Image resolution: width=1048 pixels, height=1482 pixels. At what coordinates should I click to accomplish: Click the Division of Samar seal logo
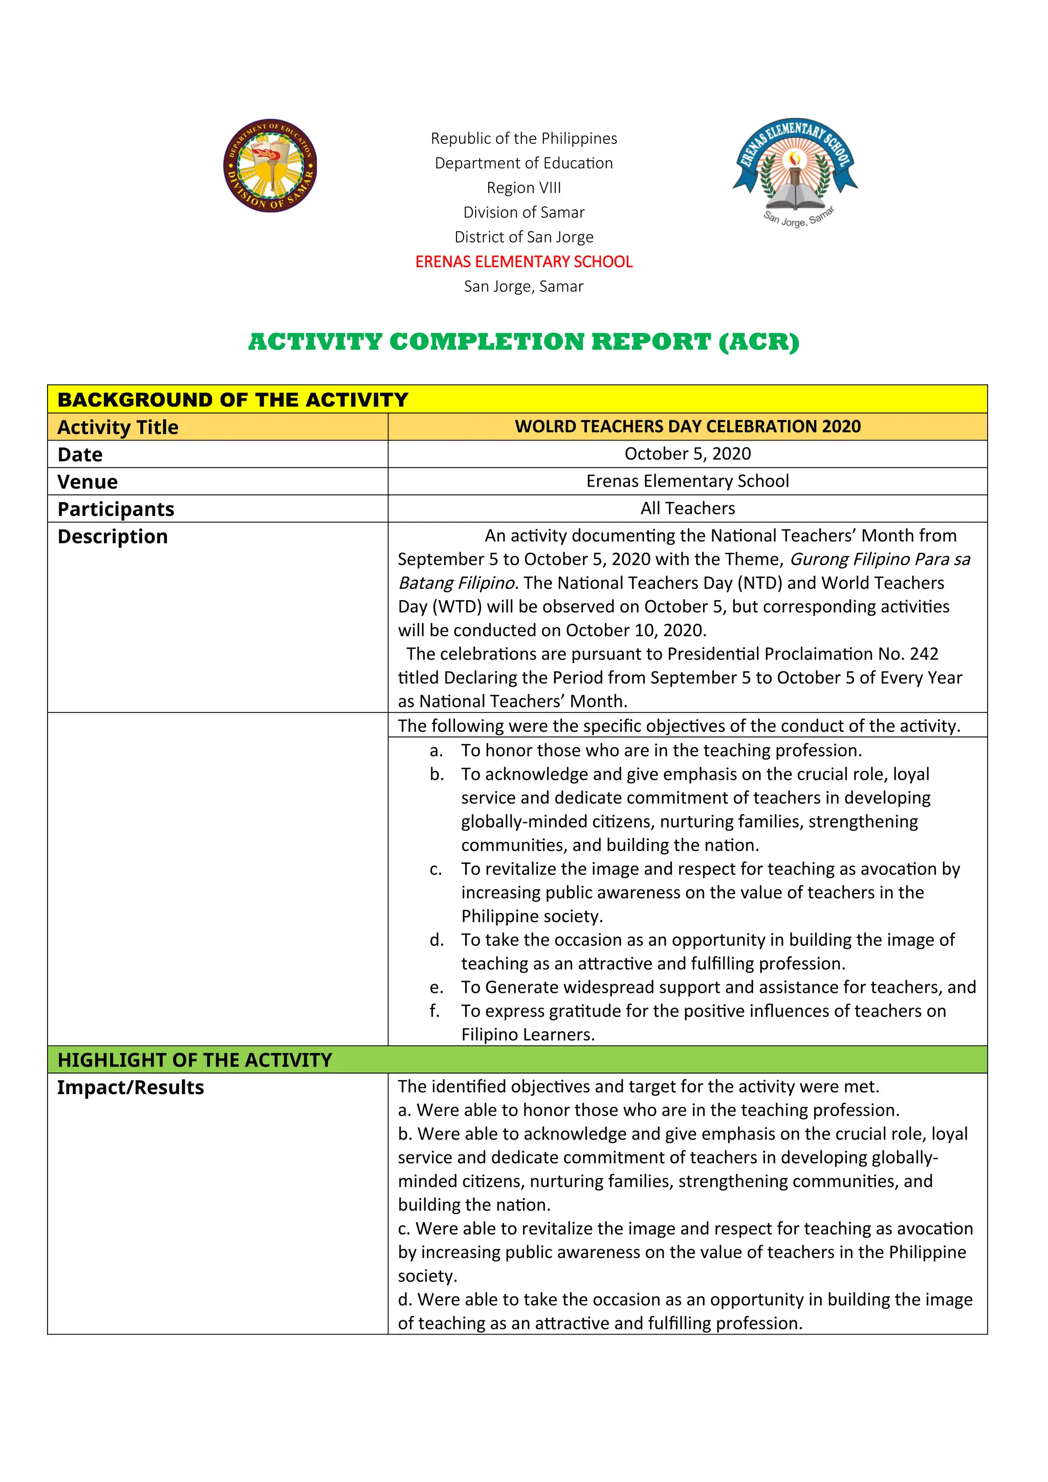pyautogui.click(x=270, y=165)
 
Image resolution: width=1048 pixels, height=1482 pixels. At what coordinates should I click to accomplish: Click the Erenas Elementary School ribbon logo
pyautogui.click(x=796, y=169)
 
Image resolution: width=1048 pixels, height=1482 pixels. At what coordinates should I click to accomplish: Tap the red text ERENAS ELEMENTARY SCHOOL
pyautogui.click(x=523, y=261)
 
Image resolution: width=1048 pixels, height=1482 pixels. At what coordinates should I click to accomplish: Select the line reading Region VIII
pyautogui.click(x=523, y=188)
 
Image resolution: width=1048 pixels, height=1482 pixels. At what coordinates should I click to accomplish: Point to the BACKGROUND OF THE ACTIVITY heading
pyautogui.click(x=232, y=400)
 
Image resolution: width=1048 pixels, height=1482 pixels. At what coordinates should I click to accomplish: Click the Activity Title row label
pyautogui.click(x=118, y=427)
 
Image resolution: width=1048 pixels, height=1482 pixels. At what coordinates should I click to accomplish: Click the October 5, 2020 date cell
pyautogui.click(x=687, y=454)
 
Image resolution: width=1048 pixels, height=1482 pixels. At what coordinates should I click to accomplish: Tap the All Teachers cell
pyautogui.click(x=687, y=509)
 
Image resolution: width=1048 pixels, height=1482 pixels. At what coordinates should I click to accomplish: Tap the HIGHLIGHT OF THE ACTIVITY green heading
pyautogui.click(x=194, y=1060)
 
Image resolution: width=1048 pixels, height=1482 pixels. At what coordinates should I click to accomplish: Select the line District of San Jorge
pyautogui.click(x=523, y=237)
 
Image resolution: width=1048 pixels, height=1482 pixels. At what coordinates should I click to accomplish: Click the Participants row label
pyautogui.click(x=116, y=509)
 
